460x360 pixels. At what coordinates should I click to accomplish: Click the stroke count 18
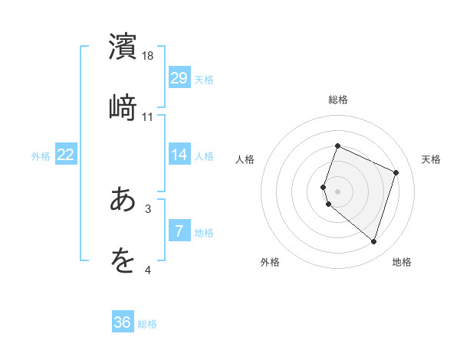pos(148,56)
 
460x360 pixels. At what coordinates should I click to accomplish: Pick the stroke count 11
pos(148,116)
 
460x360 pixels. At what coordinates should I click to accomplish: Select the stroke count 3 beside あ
pos(148,208)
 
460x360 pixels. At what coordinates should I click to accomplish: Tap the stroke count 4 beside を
pos(148,269)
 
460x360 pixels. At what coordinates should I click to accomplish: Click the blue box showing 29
pos(179,78)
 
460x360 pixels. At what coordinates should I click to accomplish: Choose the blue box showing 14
pos(179,155)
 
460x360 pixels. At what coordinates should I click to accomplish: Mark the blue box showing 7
pos(179,231)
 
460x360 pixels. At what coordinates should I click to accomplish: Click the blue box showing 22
pos(66,155)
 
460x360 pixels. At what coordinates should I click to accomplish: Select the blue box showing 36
pos(123,322)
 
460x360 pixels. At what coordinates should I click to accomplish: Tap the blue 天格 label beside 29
pos(204,79)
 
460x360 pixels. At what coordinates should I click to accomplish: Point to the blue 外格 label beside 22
pos(41,155)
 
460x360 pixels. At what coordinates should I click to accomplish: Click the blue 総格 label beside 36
pos(147,323)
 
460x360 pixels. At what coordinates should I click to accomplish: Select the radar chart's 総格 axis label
pos(337,100)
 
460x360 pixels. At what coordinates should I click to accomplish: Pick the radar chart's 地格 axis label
pos(402,262)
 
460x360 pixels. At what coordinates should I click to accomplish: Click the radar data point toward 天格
pos(396,172)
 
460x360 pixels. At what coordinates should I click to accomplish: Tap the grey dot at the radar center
pos(337,191)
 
